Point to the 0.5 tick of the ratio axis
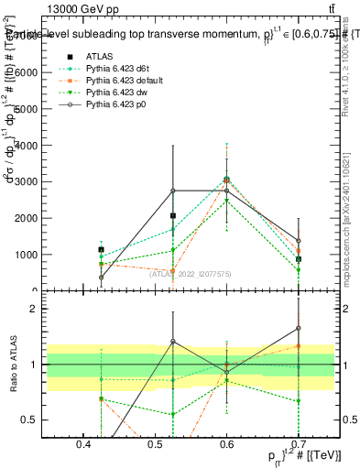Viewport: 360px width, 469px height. (54, 420)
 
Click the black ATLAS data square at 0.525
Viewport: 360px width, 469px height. (173, 216)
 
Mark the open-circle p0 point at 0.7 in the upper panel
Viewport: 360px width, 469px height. (299, 241)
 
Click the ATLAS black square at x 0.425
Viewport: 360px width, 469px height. (101, 249)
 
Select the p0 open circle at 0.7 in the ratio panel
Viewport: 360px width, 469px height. (299, 328)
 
